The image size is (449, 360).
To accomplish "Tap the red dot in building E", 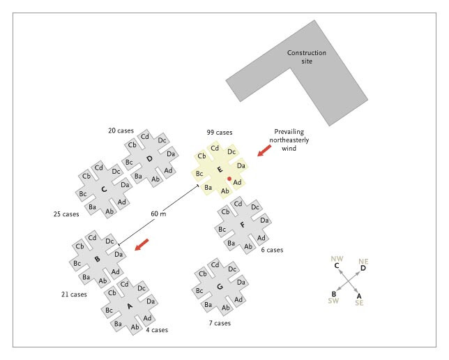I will (229, 179).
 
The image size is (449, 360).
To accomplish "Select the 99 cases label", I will (219, 132).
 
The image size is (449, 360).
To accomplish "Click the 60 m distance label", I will (158, 213).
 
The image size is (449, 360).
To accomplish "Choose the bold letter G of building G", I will (220, 287).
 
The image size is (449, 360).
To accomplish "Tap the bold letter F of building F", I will (241, 225).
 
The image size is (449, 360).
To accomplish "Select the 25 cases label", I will (67, 214).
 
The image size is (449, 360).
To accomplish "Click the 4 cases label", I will (157, 329).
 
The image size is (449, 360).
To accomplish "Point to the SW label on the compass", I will (334, 302).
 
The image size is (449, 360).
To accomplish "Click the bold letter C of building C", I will (103, 189).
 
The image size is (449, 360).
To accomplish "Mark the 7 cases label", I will (219, 323).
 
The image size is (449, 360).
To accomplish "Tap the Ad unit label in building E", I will (238, 183).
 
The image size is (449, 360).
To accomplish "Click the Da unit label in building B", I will (119, 255).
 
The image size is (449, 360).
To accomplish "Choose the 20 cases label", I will (121, 130).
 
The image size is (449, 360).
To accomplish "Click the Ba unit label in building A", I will (118, 324).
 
